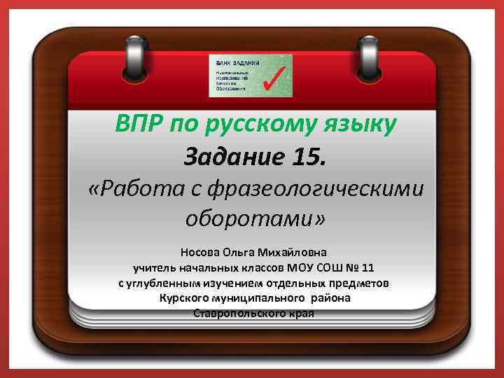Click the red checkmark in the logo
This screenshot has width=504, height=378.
(x=274, y=76)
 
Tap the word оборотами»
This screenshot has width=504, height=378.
(x=255, y=219)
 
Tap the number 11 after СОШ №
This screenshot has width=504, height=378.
(x=369, y=267)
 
